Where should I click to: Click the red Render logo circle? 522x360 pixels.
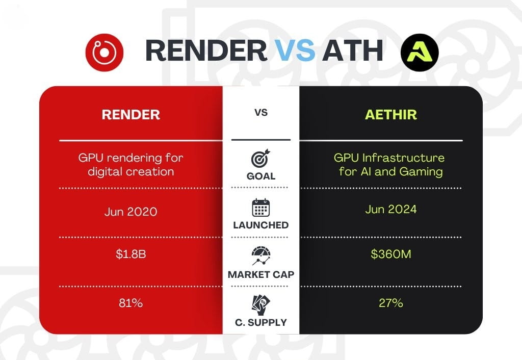(105, 53)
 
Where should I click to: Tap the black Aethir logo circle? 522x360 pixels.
(420, 53)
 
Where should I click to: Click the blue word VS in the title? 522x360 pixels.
(295, 50)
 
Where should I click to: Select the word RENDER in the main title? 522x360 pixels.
(206, 50)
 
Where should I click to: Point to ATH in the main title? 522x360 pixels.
(353, 50)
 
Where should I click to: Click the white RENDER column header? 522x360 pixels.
(131, 115)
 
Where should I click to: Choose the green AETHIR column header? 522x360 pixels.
(391, 115)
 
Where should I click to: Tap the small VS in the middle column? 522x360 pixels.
(261, 113)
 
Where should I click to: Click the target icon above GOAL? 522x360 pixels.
(260, 158)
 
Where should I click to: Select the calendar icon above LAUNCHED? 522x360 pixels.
(260, 208)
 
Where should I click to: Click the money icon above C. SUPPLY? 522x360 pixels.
(261, 305)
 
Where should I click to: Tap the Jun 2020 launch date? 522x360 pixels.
(131, 212)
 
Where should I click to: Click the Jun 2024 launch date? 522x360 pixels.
(391, 209)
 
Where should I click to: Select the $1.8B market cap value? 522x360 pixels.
(131, 254)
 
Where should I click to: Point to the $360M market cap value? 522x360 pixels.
(391, 254)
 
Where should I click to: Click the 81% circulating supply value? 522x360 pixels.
(131, 303)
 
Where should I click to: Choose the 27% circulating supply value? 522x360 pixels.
(391, 303)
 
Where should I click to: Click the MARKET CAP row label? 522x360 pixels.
(261, 274)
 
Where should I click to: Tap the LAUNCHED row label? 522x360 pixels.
(261, 225)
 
